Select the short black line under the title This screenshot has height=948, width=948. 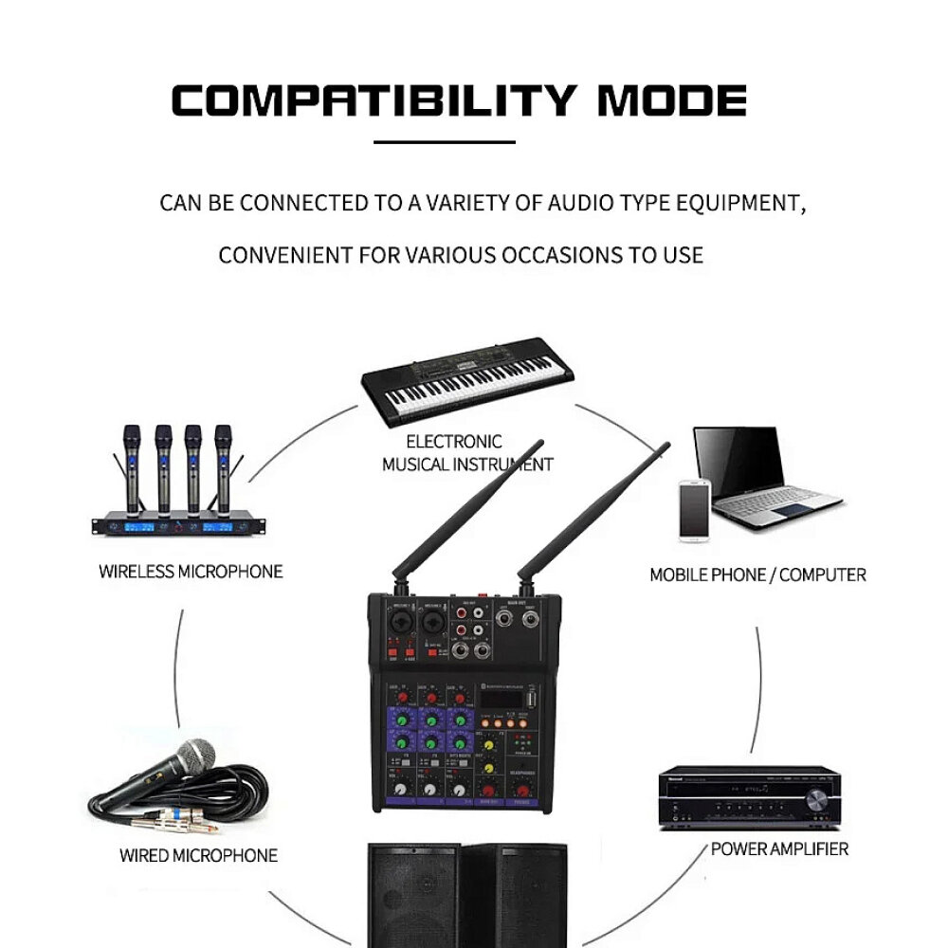point(445,143)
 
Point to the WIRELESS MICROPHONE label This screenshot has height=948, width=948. point(191,572)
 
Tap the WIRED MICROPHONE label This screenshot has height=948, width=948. point(198,855)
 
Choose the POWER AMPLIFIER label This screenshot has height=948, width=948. point(779,848)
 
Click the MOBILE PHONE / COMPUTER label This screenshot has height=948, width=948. point(757,574)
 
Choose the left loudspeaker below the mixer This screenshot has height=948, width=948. point(413,896)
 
